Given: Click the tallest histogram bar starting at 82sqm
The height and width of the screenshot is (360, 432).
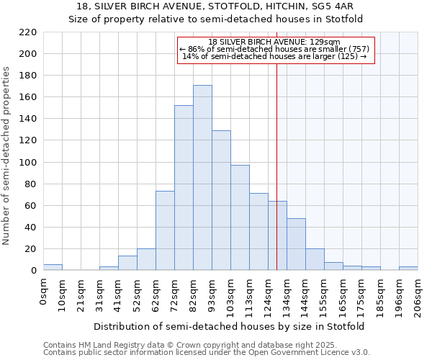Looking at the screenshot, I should click(202, 178).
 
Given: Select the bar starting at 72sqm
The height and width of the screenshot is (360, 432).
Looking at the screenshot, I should click(184, 188).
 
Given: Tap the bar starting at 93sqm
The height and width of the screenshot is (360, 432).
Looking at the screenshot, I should click(221, 200).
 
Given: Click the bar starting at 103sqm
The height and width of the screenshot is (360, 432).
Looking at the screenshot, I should click(240, 217).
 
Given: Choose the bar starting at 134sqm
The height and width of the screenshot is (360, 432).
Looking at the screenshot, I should click(296, 244).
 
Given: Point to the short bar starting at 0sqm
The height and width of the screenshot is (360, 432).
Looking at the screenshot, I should click(53, 267).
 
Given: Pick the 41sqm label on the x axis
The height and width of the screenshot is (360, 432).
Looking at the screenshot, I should click(118, 294).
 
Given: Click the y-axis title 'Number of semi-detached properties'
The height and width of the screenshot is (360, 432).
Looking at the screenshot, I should click(7, 156).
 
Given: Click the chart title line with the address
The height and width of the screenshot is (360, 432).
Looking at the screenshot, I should click(216, 6).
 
